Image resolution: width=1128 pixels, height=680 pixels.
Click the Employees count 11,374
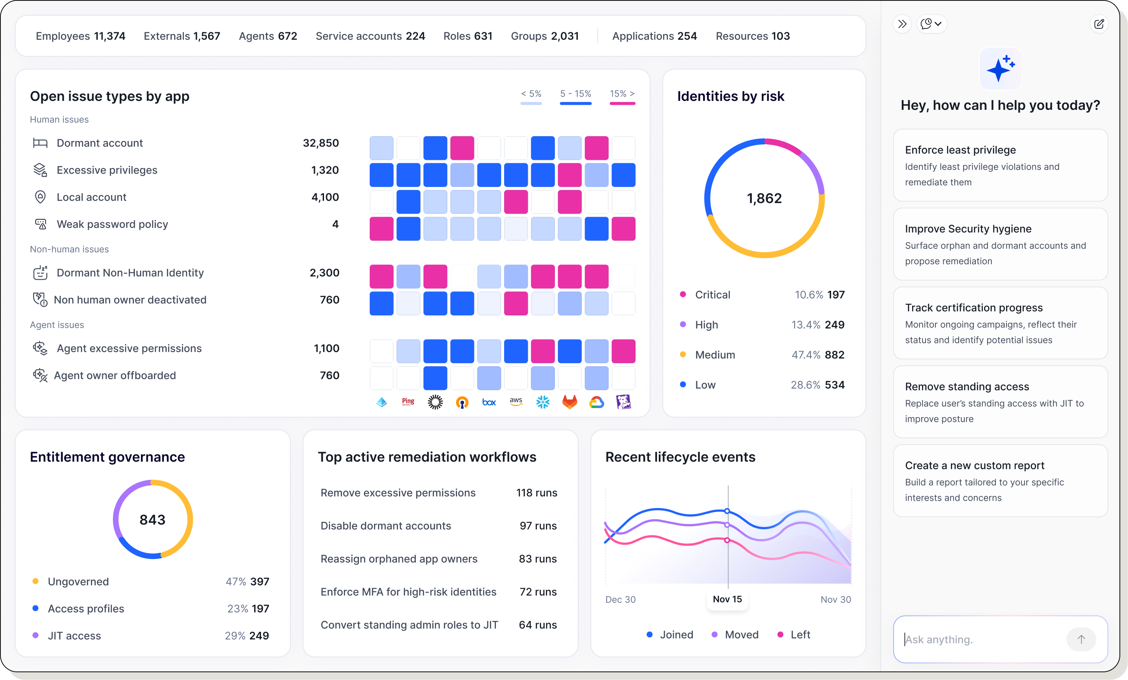(x=109, y=36)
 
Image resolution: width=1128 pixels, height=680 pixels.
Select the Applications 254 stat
(x=654, y=36)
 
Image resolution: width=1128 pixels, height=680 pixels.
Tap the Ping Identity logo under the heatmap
(x=408, y=402)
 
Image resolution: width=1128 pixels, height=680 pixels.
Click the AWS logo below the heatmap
(x=516, y=402)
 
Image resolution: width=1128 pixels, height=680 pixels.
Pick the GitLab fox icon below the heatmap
(x=570, y=402)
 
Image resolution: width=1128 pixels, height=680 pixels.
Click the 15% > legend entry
(x=622, y=94)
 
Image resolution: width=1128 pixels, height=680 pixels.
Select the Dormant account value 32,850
(x=321, y=143)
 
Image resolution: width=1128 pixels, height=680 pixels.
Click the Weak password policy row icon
(x=41, y=224)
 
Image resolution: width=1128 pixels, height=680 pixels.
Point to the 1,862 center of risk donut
(x=764, y=198)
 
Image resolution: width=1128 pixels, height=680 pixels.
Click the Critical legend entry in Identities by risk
(x=712, y=294)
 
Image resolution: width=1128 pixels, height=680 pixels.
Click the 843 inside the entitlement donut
(x=153, y=519)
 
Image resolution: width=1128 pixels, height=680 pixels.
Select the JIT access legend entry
(x=74, y=635)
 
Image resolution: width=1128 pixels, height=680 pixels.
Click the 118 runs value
(x=536, y=493)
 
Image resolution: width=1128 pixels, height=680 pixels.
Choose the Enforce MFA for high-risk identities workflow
(x=408, y=592)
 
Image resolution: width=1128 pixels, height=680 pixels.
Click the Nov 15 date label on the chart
(x=727, y=599)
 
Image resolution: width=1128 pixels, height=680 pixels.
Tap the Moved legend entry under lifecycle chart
(x=741, y=634)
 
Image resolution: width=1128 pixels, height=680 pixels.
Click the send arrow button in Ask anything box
(x=1081, y=639)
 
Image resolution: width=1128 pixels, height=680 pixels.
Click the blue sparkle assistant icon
(x=1000, y=69)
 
